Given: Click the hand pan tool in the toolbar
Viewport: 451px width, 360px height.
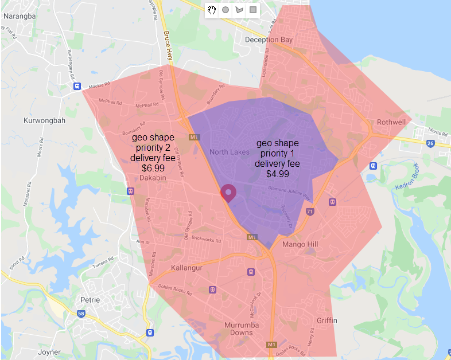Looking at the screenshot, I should pos(212,10).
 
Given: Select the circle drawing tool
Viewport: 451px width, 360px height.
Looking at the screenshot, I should pos(226,10).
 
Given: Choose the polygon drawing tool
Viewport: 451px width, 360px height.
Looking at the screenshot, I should pos(239,10).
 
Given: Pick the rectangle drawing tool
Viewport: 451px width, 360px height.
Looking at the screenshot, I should pos(253,10).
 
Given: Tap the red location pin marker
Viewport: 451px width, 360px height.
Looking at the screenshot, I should pos(228,193).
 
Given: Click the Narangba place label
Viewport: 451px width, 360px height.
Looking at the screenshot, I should pos(19,16).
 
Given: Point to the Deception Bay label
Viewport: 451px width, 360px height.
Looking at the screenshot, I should pos(269,40).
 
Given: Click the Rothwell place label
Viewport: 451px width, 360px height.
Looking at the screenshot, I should pos(391,122).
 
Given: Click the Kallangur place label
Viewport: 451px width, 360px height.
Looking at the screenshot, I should pos(188,268).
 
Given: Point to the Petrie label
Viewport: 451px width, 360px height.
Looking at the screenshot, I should pos(90,300).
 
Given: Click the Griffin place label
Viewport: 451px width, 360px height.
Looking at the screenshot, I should pos(326,320).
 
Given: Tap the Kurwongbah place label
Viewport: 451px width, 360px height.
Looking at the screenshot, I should pos(42,121).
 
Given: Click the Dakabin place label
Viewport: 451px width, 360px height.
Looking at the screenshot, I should pos(153,178).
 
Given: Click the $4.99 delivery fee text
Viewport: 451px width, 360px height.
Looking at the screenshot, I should pos(278,173).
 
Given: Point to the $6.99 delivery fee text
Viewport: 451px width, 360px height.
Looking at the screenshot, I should pos(153,168).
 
